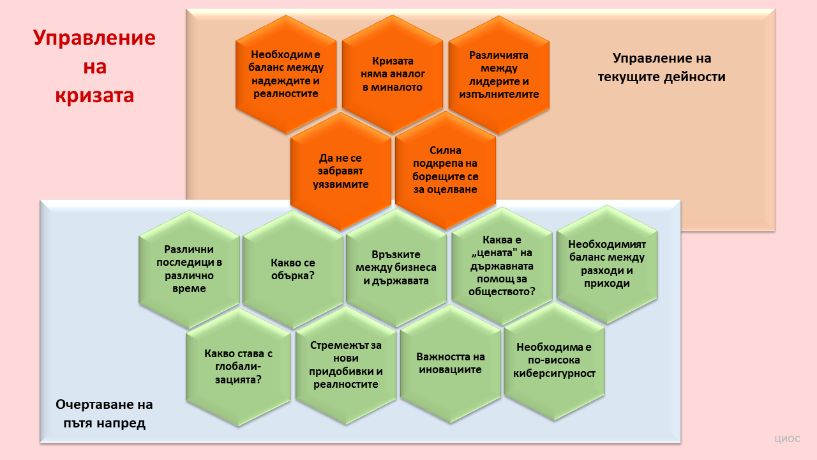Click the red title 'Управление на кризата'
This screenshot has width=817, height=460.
click(x=94, y=66)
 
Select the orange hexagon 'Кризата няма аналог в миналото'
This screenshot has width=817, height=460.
click(x=393, y=74)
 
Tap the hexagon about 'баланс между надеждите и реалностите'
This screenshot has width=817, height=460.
click(x=286, y=74)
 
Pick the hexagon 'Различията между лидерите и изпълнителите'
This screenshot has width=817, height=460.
click(x=499, y=75)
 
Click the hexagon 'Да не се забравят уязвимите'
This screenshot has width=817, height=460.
click(x=341, y=171)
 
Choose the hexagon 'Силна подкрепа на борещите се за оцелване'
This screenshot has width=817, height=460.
click(x=446, y=170)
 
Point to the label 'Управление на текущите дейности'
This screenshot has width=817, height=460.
click(x=662, y=68)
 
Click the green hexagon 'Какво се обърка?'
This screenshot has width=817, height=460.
click(x=293, y=270)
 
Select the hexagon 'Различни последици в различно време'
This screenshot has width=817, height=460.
click(x=189, y=270)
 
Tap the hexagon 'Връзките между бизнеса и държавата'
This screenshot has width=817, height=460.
click(x=396, y=268)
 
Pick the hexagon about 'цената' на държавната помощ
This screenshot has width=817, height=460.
click(x=502, y=266)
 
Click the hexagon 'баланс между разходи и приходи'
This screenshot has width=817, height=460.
click(x=607, y=264)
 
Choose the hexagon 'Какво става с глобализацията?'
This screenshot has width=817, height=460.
click(x=238, y=367)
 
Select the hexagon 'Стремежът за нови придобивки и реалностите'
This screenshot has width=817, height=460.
click(x=346, y=365)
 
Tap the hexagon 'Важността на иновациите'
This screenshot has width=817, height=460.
click(x=451, y=364)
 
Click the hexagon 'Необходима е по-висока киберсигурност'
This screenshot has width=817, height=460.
click(x=555, y=362)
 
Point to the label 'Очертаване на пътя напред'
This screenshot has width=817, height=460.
click(x=104, y=413)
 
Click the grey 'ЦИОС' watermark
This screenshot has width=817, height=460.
click(x=787, y=439)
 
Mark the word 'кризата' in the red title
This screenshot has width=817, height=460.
click(x=94, y=96)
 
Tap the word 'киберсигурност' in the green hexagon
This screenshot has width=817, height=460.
click(x=555, y=374)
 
